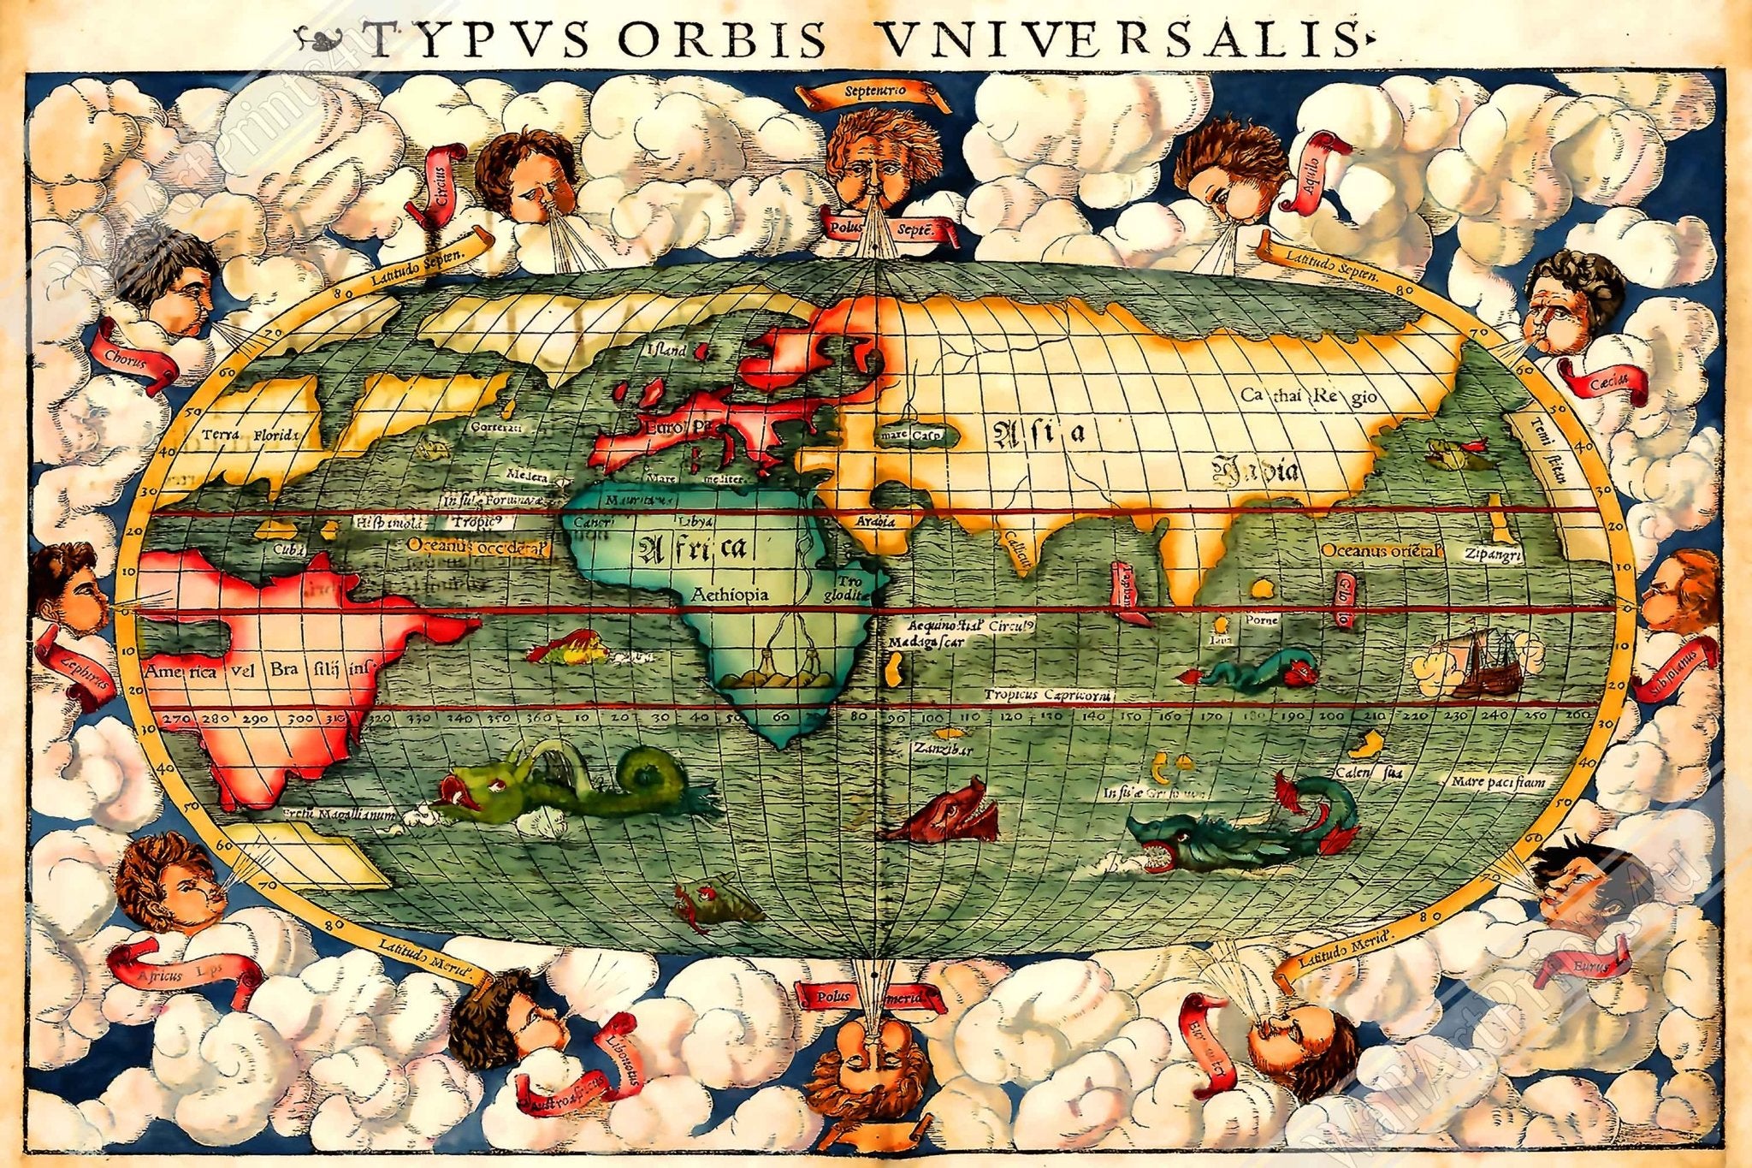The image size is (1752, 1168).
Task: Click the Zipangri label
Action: (x=1493, y=555)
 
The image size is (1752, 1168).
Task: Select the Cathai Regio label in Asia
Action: (x=1309, y=395)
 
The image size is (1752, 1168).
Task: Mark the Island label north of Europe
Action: (x=666, y=350)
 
